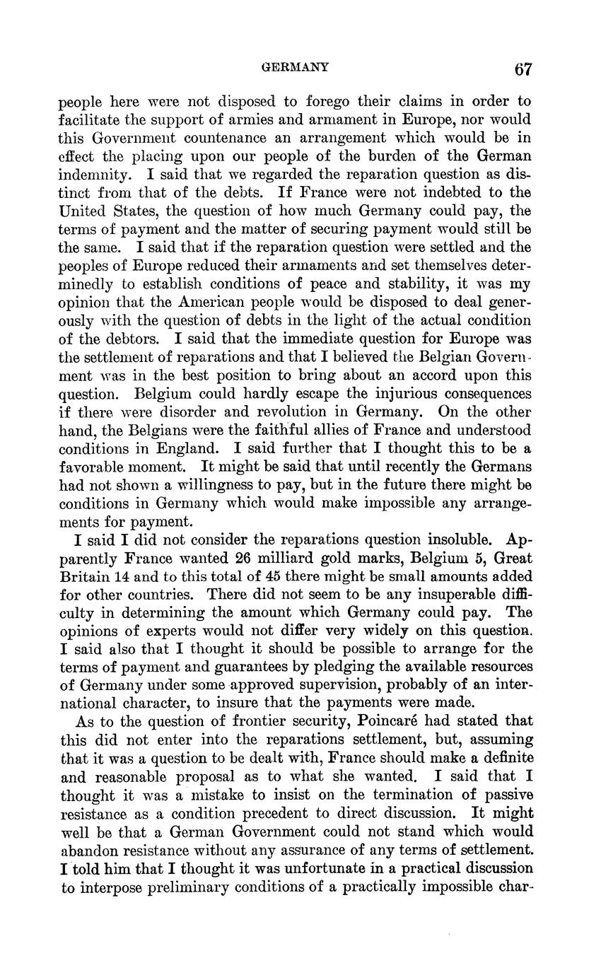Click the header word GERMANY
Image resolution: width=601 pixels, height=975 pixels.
[295, 68]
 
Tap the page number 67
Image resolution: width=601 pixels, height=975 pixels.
[523, 69]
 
